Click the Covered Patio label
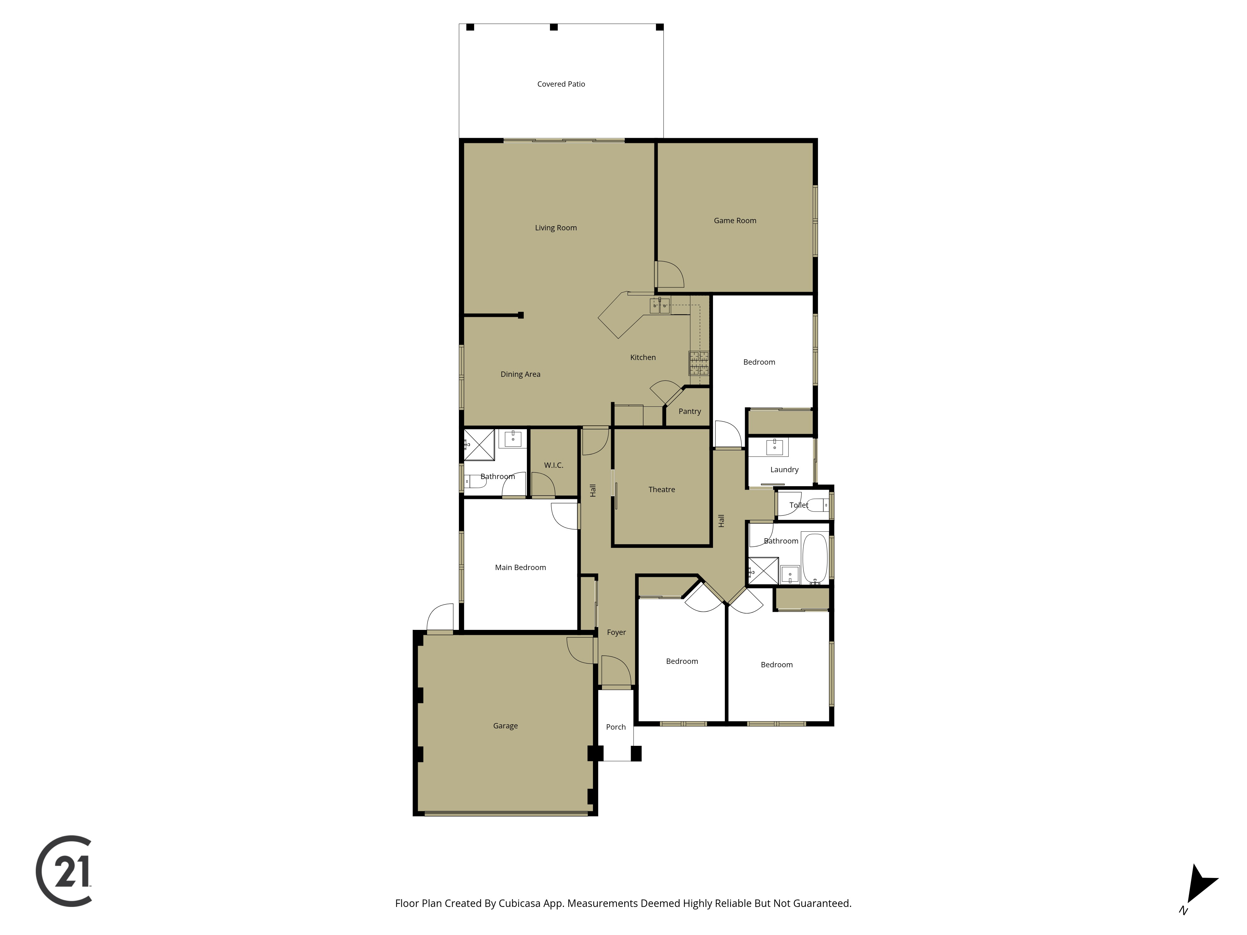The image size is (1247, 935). point(561,84)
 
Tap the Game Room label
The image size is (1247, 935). point(734,220)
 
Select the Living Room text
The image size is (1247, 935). point(556,228)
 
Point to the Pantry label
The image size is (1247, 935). point(690,411)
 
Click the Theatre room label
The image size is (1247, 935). point(661,489)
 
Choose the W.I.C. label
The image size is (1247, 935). point(554,465)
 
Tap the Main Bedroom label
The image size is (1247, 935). point(520,568)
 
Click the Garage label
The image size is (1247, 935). point(505,726)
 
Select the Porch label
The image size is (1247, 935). point(616,727)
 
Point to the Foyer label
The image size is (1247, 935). point(616,632)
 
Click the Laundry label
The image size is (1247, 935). point(784,469)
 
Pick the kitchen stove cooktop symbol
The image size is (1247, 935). point(699,363)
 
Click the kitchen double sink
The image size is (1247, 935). point(660,305)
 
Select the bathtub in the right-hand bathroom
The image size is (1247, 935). point(815,558)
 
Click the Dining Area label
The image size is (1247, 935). point(520,374)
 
